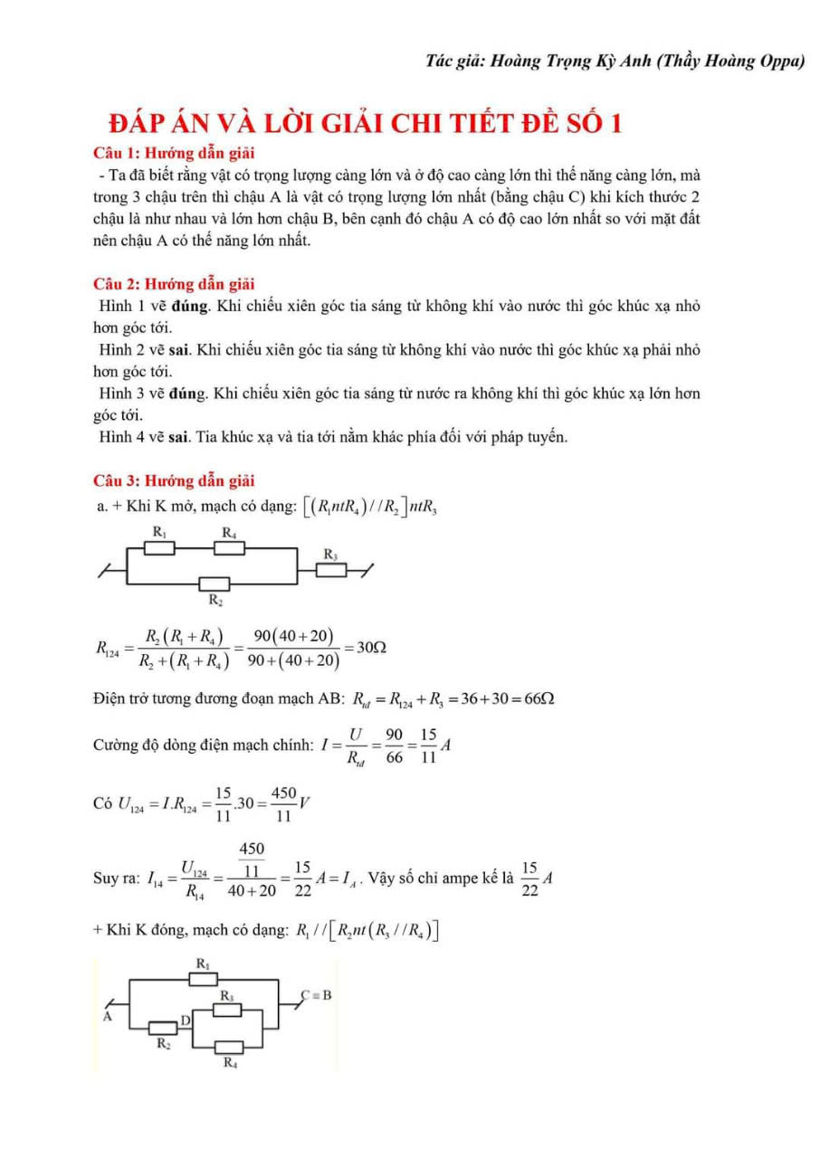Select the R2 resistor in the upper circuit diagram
click(215, 584)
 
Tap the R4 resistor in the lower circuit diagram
click(230, 1048)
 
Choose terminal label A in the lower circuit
click(107, 1016)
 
